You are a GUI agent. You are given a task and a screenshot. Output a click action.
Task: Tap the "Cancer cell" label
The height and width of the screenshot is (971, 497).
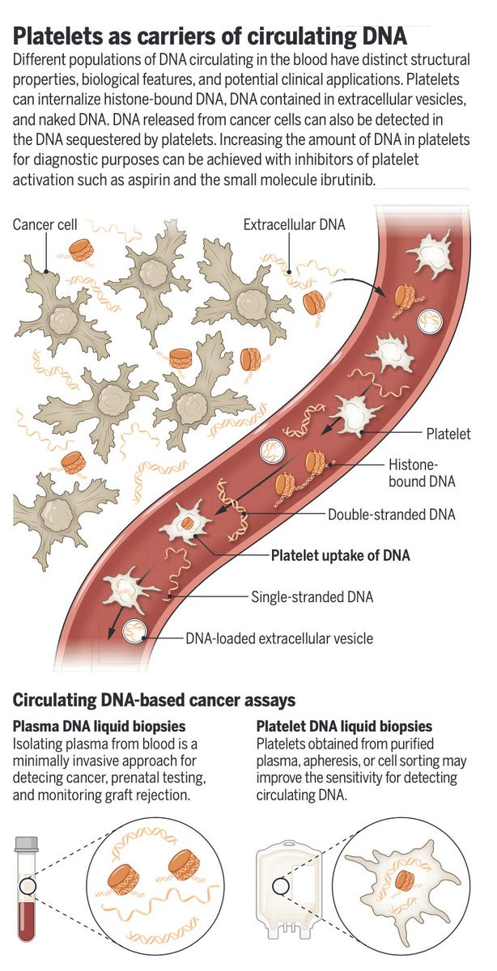tap(45, 224)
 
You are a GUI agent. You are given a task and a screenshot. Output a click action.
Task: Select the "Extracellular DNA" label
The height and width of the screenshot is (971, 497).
tap(295, 224)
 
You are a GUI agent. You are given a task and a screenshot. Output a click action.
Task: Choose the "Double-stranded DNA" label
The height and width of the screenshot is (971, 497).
tap(391, 514)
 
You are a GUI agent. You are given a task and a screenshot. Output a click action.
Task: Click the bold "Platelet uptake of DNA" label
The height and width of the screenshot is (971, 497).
tap(340, 555)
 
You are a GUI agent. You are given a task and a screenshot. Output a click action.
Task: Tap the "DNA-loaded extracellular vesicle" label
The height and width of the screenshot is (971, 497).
tap(280, 638)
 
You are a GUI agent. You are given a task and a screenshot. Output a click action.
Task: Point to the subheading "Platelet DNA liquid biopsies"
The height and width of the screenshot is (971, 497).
tap(344, 727)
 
